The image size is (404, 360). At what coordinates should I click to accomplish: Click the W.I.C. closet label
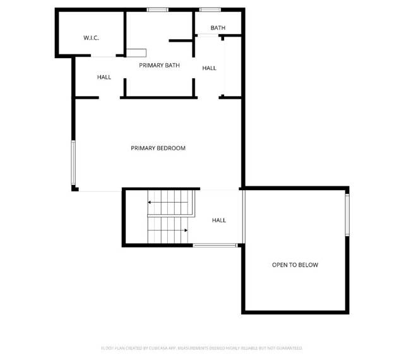click(91, 38)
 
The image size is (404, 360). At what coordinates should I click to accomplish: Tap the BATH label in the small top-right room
click(218, 28)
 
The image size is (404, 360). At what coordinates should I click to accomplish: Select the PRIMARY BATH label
click(160, 65)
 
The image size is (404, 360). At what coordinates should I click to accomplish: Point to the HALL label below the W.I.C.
click(104, 77)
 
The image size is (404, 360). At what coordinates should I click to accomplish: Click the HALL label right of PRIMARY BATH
click(209, 68)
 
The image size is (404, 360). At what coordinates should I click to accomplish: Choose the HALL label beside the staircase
click(218, 220)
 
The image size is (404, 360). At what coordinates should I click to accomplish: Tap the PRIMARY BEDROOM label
click(158, 148)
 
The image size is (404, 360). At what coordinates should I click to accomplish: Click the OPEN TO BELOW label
click(295, 265)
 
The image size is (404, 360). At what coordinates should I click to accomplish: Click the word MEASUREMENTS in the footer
click(197, 348)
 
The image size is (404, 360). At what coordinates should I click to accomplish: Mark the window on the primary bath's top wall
click(157, 9)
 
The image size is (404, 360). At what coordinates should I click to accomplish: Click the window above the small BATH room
click(209, 9)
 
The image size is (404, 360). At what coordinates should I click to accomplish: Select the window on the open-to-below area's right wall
click(347, 215)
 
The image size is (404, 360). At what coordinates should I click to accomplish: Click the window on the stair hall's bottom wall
click(215, 245)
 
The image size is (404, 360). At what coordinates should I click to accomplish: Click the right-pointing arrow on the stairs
click(184, 231)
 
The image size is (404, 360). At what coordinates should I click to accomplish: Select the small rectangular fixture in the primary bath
click(136, 52)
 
